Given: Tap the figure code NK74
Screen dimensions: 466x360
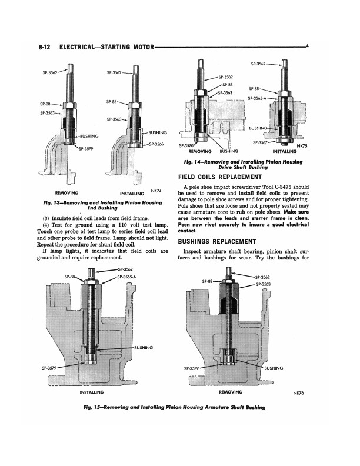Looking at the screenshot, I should tap(156, 191).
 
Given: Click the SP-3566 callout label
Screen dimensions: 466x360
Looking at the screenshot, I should tap(156, 144).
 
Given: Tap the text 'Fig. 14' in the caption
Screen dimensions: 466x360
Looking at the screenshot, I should tap(194, 162).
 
